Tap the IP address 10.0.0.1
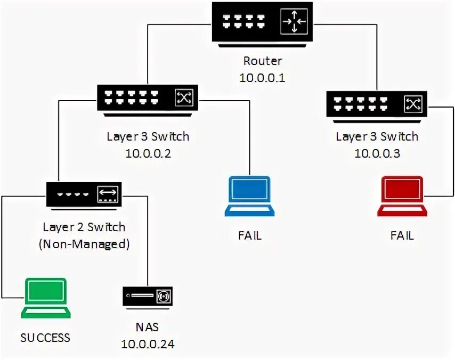(x=263, y=78)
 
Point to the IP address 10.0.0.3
(x=377, y=153)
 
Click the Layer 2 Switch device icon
(x=85, y=194)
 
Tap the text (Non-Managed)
(x=84, y=244)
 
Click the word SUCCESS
(x=45, y=338)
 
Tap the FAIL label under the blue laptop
(x=249, y=235)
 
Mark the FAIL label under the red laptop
(x=402, y=235)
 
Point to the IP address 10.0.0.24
(x=148, y=344)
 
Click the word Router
(x=263, y=61)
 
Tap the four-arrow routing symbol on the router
(x=294, y=21)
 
